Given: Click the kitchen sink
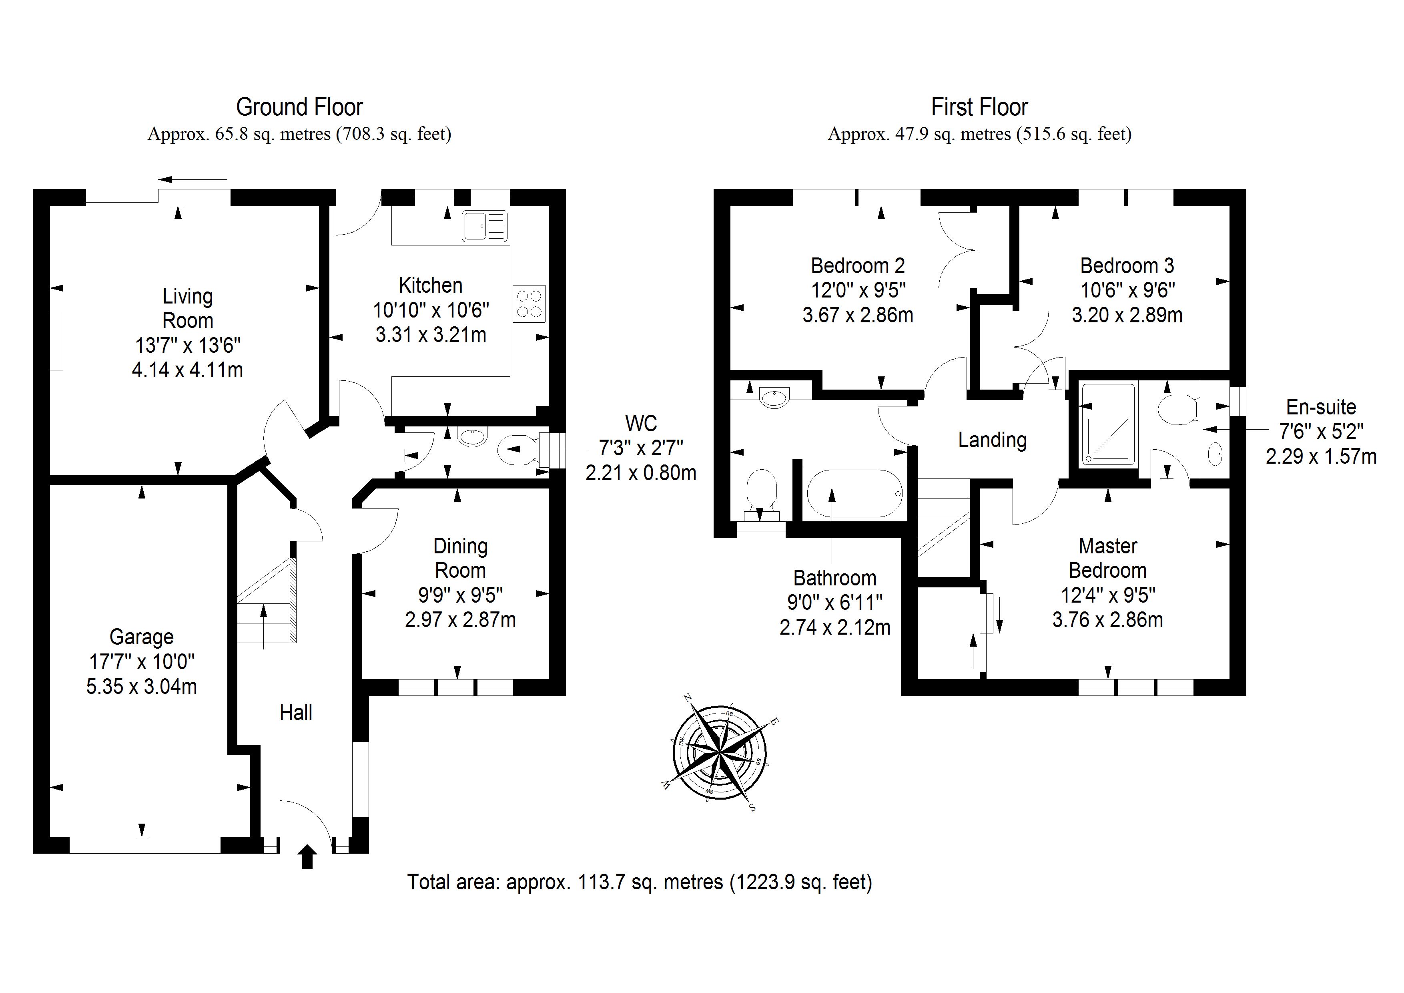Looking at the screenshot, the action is click(x=484, y=226).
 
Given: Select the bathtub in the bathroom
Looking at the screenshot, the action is click(x=854, y=493).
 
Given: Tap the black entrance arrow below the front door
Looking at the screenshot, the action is click(x=307, y=856).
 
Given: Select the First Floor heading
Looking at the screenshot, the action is click(x=979, y=108).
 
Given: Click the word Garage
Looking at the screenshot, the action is click(x=141, y=637).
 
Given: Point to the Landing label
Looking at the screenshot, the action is click(x=992, y=440).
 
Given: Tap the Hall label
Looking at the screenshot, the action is click(x=296, y=713).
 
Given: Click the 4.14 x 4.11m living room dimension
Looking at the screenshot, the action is click(x=187, y=370).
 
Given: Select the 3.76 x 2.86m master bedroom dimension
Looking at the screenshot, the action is click(x=1107, y=620).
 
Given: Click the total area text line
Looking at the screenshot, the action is click(x=640, y=882).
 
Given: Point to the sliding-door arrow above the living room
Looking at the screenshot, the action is click(x=192, y=180).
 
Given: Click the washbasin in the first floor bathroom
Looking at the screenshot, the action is click(x=774, y=398).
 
